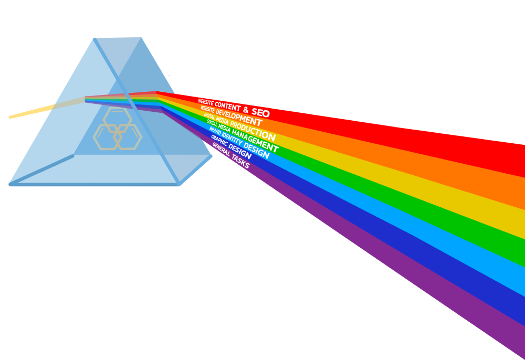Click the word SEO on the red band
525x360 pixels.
pyautogui.click(x=261, y=112)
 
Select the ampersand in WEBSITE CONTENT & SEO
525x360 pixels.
pyautogui.click(x=245, y=109)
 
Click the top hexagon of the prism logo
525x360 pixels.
pyautogui.click(x=117, y=119)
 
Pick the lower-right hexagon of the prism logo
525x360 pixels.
pyautogui.click(x=128, y=137)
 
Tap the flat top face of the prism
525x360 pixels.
pyautogui.click(x=118, y=37)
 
